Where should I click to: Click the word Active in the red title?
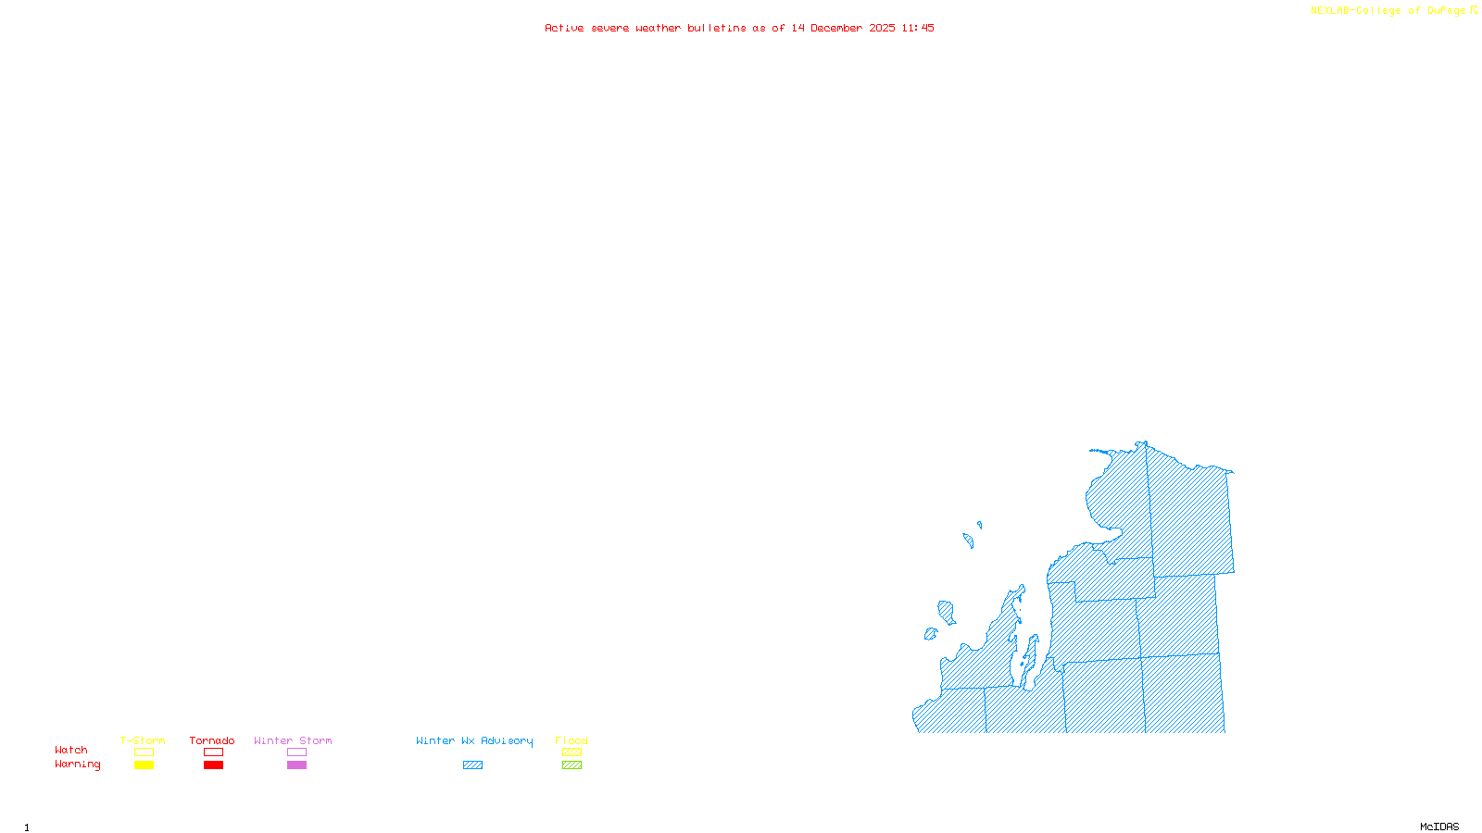[x=564, y=29]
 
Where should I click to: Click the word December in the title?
[x=836, y=29]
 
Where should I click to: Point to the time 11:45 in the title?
[x=917, y=29]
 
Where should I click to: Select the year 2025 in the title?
[x=882, y=29]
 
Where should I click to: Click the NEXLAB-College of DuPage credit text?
[x=1388, y=11]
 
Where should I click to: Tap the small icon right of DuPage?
[x=1474, y=10]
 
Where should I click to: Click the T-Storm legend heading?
[x=143, y=740]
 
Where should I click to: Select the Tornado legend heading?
[x=212, y=740]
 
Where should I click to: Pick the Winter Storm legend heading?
[x=293, y=740]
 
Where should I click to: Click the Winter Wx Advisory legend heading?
[x=474, y=740]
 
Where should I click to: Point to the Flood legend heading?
[x=571, y=740]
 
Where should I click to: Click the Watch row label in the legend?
[x=71, y=751]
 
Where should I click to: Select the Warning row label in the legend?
[x=78, y=765]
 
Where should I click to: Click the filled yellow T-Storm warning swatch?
[x=144, y=765]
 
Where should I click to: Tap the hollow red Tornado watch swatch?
[x=213, y=752]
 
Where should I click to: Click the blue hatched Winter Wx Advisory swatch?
[x=472, y=765]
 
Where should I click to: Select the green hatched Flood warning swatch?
[x=571, y=765]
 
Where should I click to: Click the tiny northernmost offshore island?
[x=979, y=525]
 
